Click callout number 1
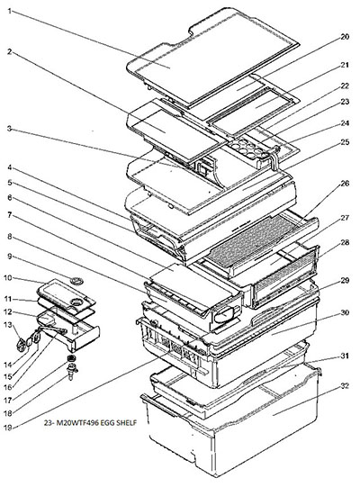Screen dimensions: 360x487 [x=10, y=12]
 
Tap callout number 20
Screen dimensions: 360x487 [x=345, y=37]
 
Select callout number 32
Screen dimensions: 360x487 [x=345, y=386]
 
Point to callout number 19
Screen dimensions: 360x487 [x=8, y=428]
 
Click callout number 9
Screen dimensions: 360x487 [x=10, y=257]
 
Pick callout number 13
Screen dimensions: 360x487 [x=8, y=325]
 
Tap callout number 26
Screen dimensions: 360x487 [x=345, y=184]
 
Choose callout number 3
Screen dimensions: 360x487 [x=10, y=128]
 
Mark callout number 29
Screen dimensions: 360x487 [x=345, y=280]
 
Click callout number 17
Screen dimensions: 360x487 [x=8, y=401]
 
